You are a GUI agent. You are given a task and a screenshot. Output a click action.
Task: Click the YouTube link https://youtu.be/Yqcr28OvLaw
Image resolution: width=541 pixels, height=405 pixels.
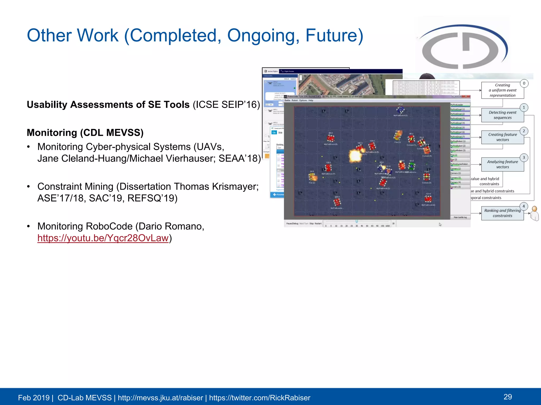(x=103, y=238)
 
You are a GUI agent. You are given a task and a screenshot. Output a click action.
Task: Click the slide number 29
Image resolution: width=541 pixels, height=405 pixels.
(x=507, y=397)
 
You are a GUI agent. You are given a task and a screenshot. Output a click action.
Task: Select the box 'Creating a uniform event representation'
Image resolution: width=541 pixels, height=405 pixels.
(x=502, y=90)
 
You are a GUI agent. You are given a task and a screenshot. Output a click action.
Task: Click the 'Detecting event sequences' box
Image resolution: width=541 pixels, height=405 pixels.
(x=502, y=115)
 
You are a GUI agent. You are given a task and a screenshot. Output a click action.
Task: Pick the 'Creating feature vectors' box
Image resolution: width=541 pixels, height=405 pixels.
(x=502, y=137)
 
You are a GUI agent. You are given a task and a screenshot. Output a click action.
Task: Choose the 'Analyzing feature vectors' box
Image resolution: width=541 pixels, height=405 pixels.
(x=502, y=164)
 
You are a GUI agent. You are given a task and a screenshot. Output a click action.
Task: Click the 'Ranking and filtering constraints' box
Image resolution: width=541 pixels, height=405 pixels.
(x=502, y=213)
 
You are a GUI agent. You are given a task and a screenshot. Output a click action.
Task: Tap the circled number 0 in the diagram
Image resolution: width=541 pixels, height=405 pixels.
(x=524, y=83)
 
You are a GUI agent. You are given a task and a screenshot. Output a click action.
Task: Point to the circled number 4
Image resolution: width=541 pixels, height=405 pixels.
(x=524, y=206)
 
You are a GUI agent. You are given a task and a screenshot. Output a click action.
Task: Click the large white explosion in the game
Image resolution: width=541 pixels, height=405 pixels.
(x=355, y=156)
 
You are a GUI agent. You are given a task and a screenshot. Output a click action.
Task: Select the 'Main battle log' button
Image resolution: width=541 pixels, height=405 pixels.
(x=460, y=217)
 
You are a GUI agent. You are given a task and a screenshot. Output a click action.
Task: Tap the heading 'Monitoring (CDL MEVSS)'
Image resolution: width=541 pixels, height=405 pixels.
(x=85, y=133)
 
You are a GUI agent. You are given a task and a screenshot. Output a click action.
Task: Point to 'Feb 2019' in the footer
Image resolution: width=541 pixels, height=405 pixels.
(x=34, y=398)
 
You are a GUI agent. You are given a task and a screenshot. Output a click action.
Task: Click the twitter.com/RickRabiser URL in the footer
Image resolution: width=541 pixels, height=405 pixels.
(x=259, y=398)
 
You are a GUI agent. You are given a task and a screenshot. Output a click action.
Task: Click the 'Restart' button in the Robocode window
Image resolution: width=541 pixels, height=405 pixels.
(x=318, y=224)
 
